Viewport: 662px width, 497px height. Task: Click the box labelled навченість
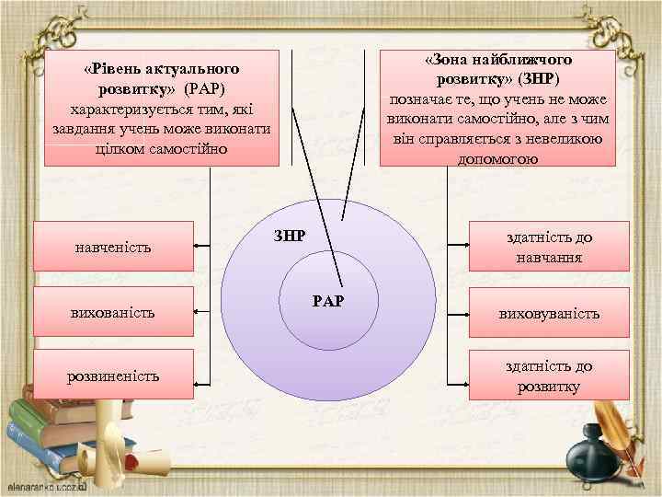pos(113,246)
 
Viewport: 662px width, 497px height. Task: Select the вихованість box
pos(113,311)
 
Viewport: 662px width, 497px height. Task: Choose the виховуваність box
pos(550,313)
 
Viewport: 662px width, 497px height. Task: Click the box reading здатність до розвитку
pos(550,376)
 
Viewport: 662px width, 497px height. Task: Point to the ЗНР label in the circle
pos(290,235)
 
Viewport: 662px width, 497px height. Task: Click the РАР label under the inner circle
pos(328,300)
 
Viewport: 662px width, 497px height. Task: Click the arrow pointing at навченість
pos(204,246)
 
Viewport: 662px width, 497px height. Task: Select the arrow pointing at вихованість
pos(204,311)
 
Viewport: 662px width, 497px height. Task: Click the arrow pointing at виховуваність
pos(457,313)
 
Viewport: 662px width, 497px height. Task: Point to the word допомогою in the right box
pos(496,158)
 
